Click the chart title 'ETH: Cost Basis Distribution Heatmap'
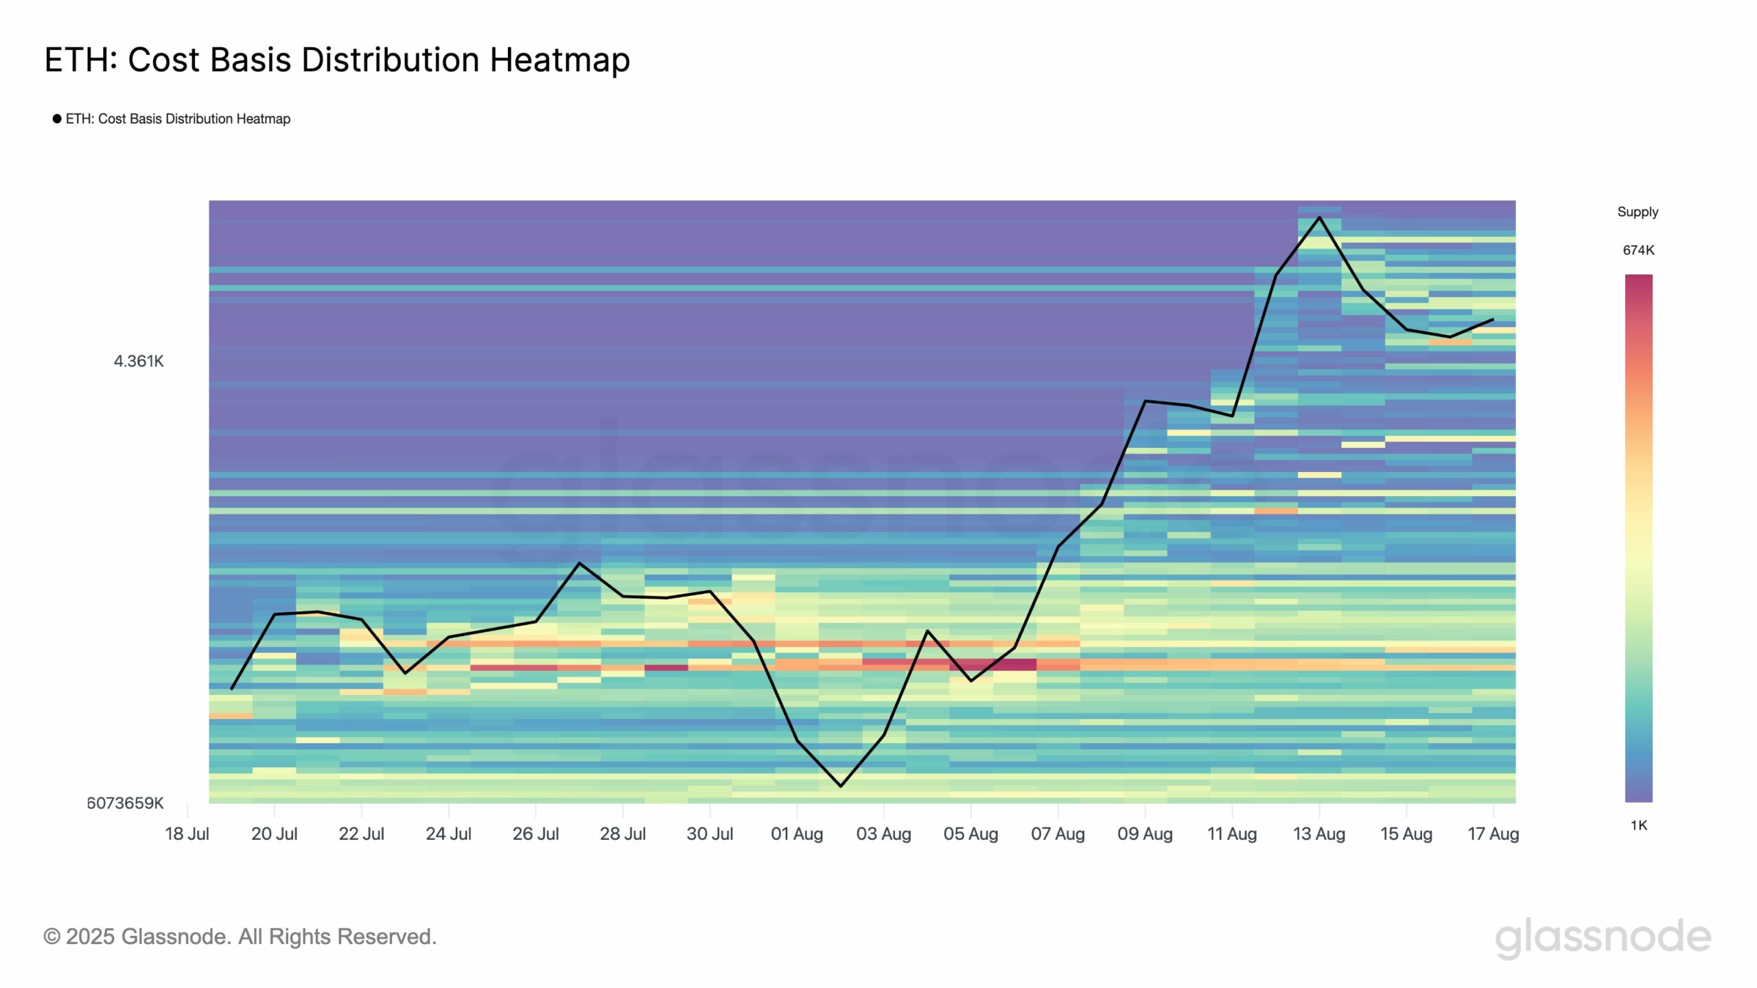point(337,60)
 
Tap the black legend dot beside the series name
point(57,119)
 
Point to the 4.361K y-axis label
point(139,361)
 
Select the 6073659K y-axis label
point(125,803)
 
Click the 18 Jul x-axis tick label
point(187,834)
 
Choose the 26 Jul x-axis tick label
point(535,834)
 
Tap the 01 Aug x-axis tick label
point(797,834)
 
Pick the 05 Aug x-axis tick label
point(970,834)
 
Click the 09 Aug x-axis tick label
point(1145,834)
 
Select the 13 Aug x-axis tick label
point(1319,834)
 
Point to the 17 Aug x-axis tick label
point(1493,834)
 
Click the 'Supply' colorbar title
point(1638,212)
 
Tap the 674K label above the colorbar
point(1638,250)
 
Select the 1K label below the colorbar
point(1638,825)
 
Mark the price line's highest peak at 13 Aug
point(1319,217)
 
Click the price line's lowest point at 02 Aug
point(841,786)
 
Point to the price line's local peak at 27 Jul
point(579,563)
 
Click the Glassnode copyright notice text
point(240,937)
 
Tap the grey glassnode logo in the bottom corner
point(1603,937)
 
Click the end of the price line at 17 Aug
point(1493,319)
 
